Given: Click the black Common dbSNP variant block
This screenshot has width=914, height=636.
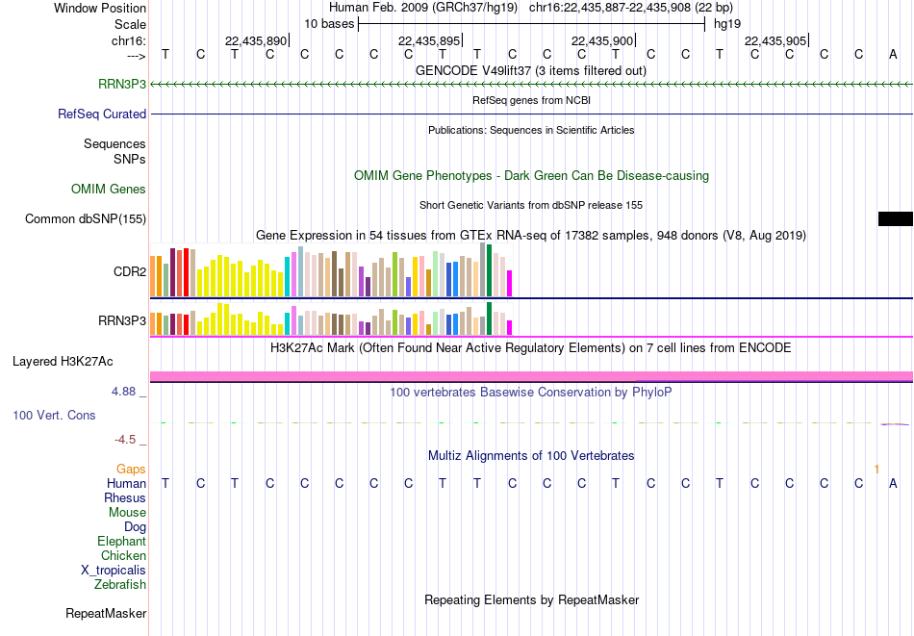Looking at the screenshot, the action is click(x=896, y=218).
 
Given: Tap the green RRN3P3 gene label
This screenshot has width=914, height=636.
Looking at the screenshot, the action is click(x=122, y=84).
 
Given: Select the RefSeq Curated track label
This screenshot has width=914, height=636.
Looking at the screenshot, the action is click(x=102, y=114).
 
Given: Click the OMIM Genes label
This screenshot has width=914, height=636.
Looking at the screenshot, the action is click(x=109, y=189).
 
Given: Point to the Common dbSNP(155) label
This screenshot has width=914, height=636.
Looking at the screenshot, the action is click(x=86, y=218).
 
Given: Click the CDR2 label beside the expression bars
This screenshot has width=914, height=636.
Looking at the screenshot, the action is click(x=130, y=271).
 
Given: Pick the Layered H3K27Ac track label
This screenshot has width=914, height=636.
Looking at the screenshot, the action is click(x=63, y=362).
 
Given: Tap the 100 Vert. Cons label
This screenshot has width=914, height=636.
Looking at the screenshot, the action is click(x=54, y=415).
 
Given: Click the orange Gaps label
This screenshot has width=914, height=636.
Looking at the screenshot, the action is click(x=131, y=469).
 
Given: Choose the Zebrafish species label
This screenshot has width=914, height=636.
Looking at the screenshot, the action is click(x=120, y=584).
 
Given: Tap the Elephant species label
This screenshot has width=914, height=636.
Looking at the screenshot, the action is click(x=122, y=541).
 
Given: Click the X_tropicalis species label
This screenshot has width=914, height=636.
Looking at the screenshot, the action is click(x=114, y=571).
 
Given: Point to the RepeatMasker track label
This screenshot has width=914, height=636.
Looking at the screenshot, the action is click(x=106, y=613).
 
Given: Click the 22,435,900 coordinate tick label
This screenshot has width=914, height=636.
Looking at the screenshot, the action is click(x=602, y=40).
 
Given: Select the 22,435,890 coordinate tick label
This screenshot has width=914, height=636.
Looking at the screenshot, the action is click(x=256, y=40).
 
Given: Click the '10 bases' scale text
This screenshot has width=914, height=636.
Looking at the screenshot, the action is click(x=329, y=24).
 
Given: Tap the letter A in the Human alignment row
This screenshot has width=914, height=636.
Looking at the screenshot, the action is click(x=893, y=483).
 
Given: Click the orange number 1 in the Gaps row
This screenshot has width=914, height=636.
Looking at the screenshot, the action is click(x=876, y=469).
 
